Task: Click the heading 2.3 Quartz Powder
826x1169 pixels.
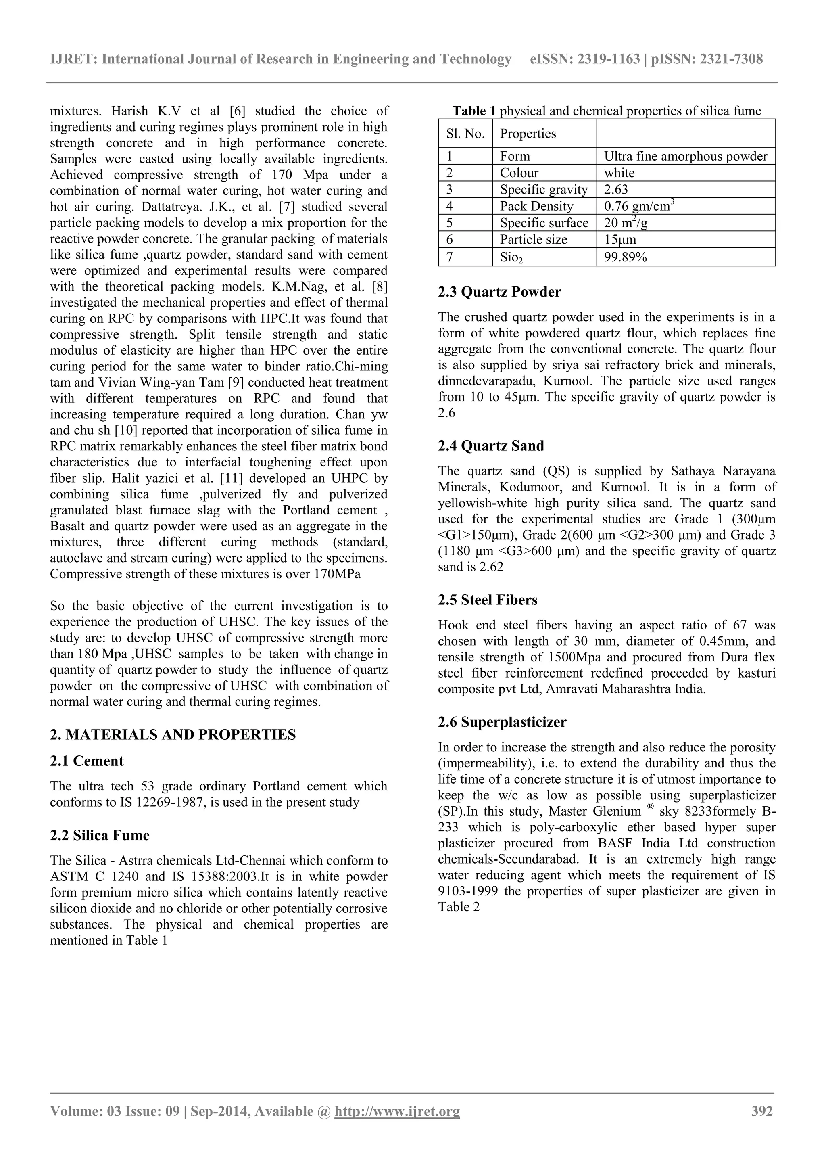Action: [x=499, y=292]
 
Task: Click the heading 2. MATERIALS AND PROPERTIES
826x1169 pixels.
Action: [x=173, y=735]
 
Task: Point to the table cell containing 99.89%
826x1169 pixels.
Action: [x=625, y=257]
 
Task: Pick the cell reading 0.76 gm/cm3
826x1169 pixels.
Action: [x=639, y=206]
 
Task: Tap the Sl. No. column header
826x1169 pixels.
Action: [x=465, y=134]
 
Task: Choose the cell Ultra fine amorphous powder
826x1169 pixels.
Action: [x=685, y=156]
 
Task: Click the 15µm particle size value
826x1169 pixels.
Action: [x=620, y=240]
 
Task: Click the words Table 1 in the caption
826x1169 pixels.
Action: [x=474, y=111]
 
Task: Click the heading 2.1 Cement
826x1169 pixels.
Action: [x=87, y=761]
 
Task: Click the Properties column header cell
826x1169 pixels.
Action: [x=528, y=134]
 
